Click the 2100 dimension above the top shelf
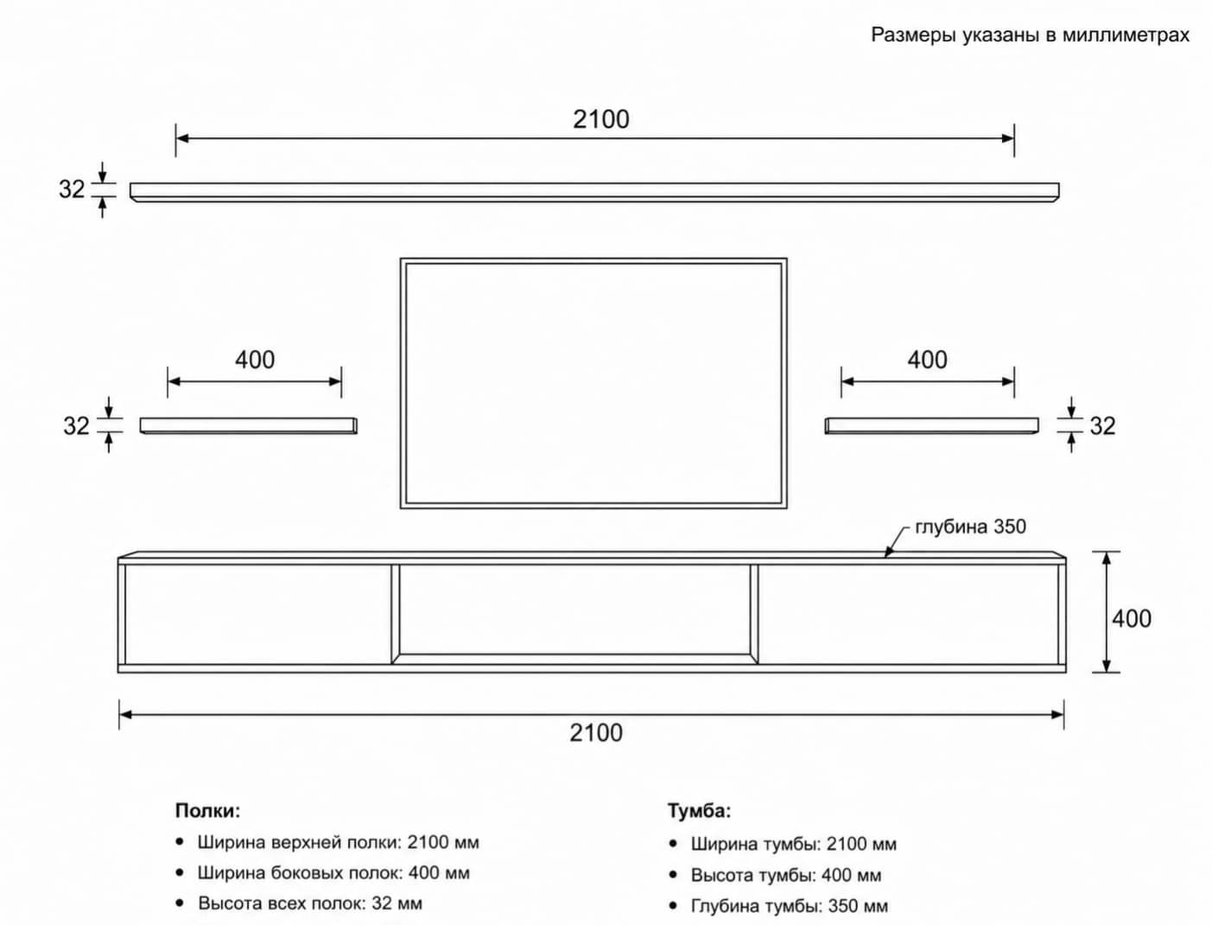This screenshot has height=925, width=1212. [x=600, y=119]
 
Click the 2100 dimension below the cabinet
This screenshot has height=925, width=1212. [x=596, y=733]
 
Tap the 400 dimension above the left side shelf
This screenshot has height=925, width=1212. [x=255, y=360]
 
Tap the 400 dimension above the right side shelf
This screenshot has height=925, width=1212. [x=927, y=360]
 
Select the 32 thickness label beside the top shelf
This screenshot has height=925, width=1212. [x=72, y=189]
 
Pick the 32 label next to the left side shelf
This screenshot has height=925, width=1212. [x=76, y=426]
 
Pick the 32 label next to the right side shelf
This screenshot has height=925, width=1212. [x=1102, y=426]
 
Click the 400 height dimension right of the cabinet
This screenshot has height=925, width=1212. [x=1132, y=619]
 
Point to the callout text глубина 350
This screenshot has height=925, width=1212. [x=971, y=526]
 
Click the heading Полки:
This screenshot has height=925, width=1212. [x=207, y=811]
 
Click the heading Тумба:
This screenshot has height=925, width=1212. [x=699, y=811]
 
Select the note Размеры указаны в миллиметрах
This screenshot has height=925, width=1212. [x=1031, y=35]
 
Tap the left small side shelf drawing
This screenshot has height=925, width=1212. [x=249, y=425]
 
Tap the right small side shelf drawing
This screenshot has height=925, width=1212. [x=931, y=425]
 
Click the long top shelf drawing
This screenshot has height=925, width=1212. [x=594, y=192]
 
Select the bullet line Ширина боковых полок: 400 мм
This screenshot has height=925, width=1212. [x=333, y=873]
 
